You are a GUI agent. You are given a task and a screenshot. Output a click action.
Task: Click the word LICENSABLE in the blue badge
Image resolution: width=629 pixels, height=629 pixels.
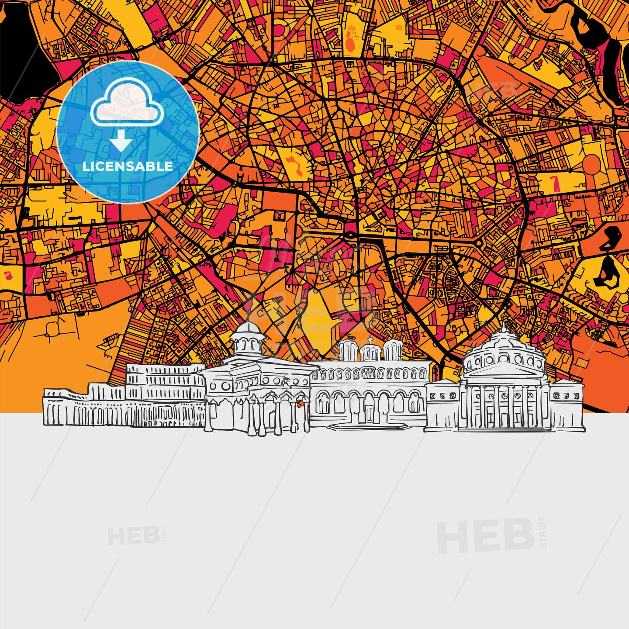click(x=128, y=166)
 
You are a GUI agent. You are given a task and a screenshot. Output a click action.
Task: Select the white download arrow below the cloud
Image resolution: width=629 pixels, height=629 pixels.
click(x=121, y=142)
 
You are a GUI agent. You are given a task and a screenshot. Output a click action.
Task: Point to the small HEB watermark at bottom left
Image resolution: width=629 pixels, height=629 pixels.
click(x=133, y=536)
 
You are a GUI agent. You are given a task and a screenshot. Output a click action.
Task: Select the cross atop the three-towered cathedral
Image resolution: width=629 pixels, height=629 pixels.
click(x=370, y=339)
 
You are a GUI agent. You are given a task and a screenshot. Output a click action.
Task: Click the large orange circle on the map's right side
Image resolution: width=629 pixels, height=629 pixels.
click(x=592, y=164)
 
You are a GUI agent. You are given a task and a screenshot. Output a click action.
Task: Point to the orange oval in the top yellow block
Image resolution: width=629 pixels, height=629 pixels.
click(x=351, y=43)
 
